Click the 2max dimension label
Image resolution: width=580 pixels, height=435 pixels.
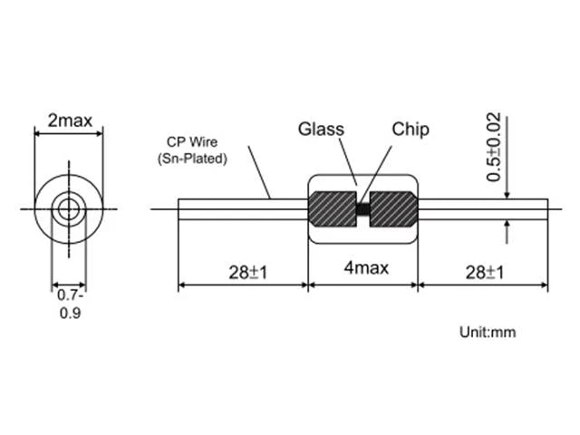click(x=70, y=121)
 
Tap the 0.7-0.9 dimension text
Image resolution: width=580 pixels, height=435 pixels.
click(x=71, y=304)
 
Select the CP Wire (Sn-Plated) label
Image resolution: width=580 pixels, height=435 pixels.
click(x=192, y=150)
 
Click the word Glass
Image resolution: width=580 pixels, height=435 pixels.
click(x=321, y=129)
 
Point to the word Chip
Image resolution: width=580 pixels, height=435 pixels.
click(x=411, y=130)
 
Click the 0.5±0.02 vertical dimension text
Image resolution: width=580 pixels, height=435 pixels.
click(x=494, y=147)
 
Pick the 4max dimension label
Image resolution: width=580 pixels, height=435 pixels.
click(x=366, y=268)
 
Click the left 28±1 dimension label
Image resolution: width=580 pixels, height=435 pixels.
click(x=247, y=273)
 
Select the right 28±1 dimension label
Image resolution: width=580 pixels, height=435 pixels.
click(x=485, y=273)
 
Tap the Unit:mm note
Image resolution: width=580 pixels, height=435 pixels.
click(x=488, y=333)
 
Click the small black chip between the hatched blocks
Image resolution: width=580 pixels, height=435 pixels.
click(x=363, y=209)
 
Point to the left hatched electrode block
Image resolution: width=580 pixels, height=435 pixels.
click(x=333, y=209)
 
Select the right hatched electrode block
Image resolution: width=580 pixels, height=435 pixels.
click(x=393, y=209)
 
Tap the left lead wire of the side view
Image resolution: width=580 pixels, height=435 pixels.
click(x=244, y=209)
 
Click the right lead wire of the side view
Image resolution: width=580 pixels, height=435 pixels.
click(x=483, y=209)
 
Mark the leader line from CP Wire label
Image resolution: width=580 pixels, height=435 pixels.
click(x=260, y=172)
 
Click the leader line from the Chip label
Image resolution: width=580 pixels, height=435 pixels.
click(x=376, y=174)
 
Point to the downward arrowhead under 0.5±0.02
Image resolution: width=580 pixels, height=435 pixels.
click(x=507, y=195)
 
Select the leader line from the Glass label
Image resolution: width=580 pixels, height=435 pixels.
click(x=348, y=161)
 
